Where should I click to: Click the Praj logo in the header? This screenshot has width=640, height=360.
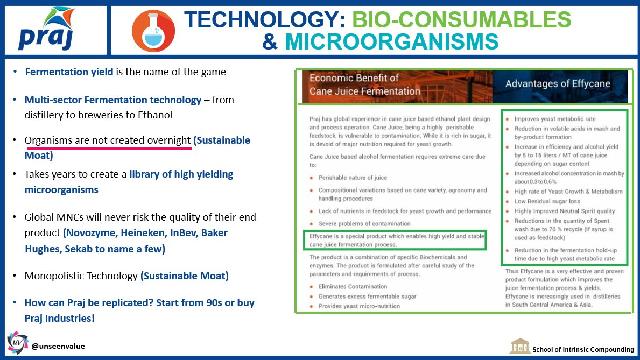(46, 30)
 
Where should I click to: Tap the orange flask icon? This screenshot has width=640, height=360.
(153, 31)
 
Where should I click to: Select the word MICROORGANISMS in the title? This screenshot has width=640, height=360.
(391, 41)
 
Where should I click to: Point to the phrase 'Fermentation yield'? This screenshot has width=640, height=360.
(69, 72)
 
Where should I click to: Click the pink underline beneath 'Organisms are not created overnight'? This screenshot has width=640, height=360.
(108, 148)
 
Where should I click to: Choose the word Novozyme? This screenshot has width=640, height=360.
(91, 232)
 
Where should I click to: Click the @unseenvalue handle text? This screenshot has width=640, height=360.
(58, 346)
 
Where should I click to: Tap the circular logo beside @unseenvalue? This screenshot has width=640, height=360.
(18, 342)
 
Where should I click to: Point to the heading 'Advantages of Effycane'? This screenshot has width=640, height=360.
(558, 83)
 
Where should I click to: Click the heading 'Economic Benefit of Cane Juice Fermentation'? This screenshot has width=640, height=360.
(364, 84)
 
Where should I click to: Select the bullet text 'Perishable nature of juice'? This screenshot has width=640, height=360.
(353, 178)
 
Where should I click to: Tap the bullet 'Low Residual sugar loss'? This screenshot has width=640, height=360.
(547, 201)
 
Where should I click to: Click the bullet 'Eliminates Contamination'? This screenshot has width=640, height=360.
(353, 286)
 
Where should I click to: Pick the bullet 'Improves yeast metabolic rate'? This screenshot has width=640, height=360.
(555, 119)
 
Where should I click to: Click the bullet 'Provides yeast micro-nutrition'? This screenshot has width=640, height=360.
(359, 306)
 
